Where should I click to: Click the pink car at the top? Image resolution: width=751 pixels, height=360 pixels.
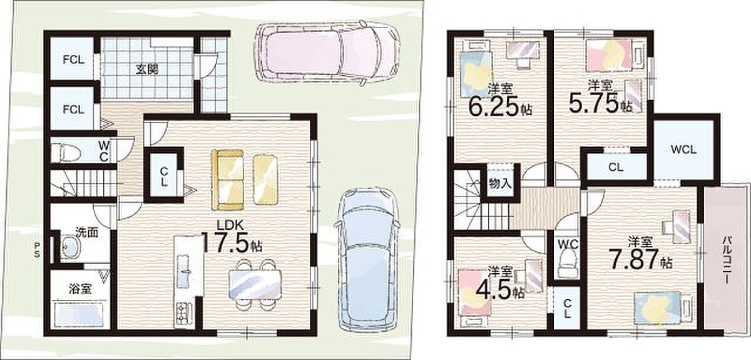click(x=327, y=54)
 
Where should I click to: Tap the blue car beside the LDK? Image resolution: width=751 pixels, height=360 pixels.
click(x=368, y=259)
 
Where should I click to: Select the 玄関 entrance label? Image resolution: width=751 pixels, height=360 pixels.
click(x=147, y=69)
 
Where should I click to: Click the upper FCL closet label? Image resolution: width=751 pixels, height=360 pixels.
click(x=74, y=60)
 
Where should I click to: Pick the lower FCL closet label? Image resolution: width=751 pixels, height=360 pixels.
click(x=74, y=110)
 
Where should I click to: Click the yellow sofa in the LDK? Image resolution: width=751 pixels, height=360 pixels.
click(x=228, y=180)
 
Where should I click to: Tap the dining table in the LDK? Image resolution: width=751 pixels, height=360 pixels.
click(x=255, y=284)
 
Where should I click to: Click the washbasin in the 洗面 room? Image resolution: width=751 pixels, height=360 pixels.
click(x=69, y=247)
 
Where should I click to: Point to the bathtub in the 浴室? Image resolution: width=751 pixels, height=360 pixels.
click(x=79, y=314)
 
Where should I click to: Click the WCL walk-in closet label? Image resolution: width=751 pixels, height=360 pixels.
click(x=684, y=150)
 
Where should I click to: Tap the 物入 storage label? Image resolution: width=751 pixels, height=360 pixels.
click(x=500, y=183)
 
